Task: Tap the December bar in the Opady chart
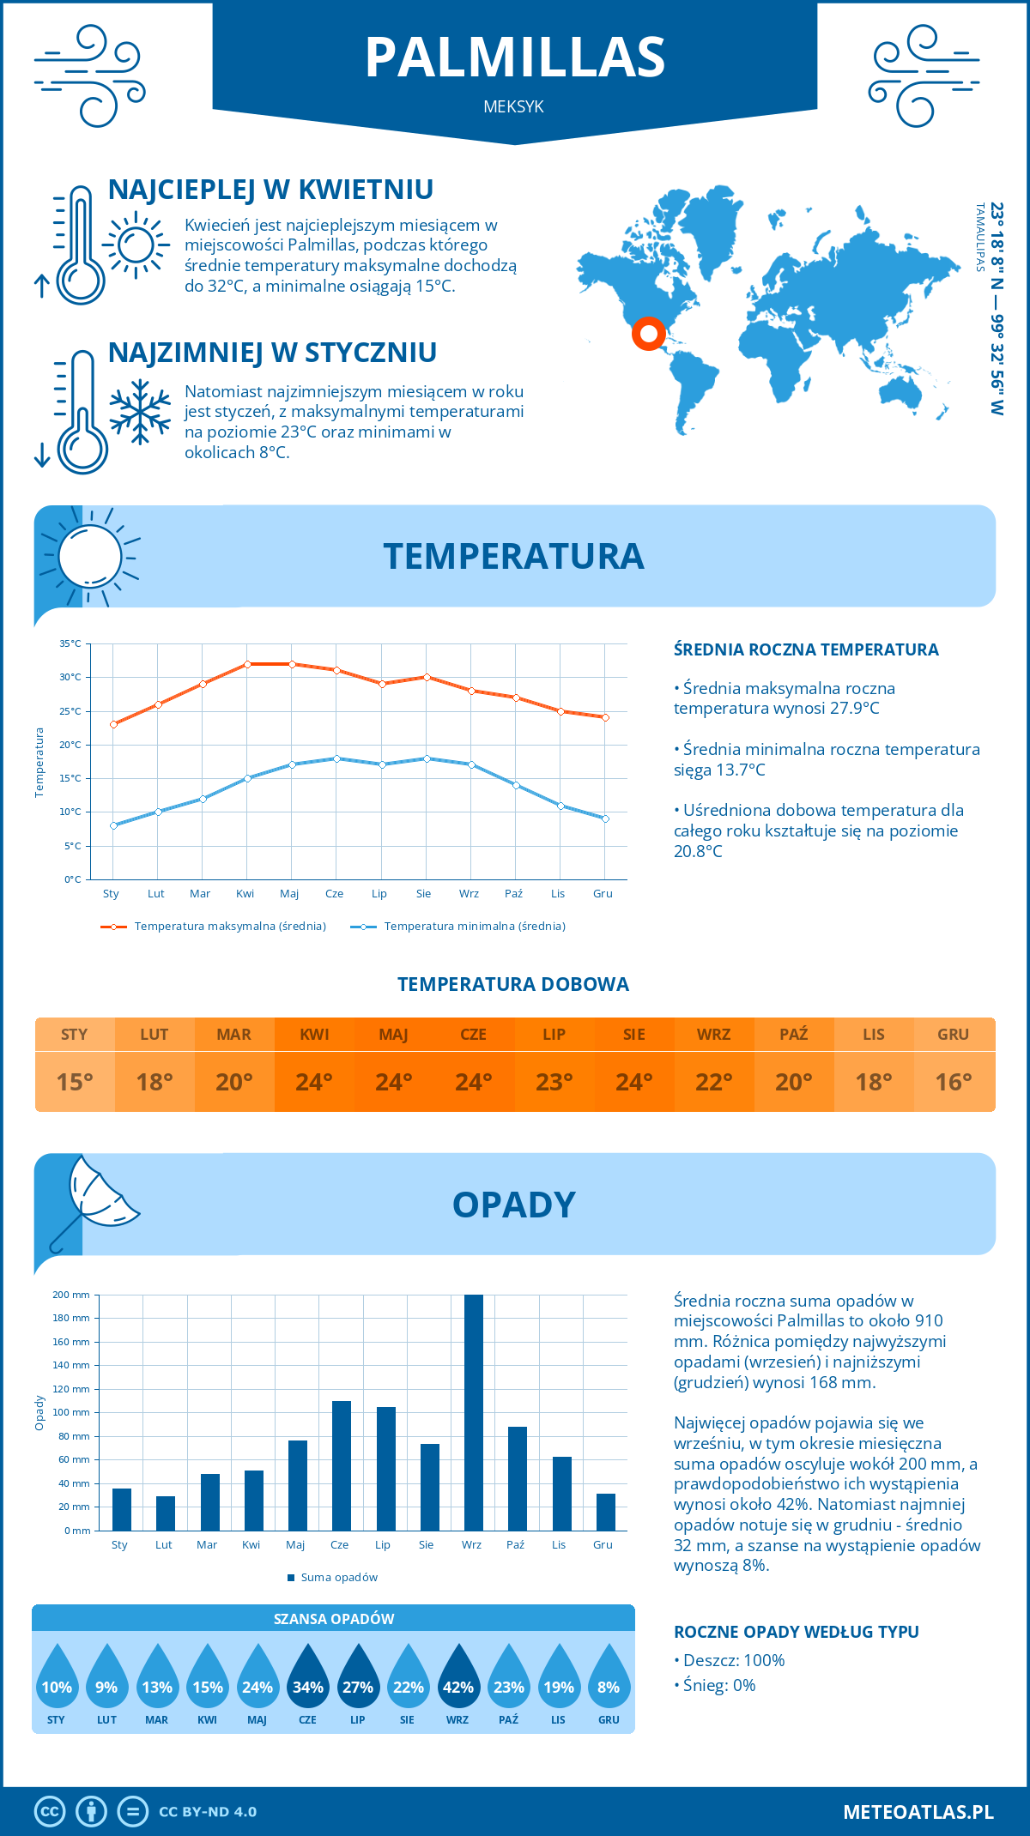pyautogui.click(x=605, y=1512)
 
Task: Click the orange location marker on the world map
pyautogui.click(x=648, y=333)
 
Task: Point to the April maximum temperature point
pyautogui.click(x=247, y=664)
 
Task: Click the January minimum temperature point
pyautogui.click(x=113, y=825)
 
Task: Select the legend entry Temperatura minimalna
pyautogui.click(x=474, y=927)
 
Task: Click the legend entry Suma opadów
pyautogui.click(x=339, y=1577)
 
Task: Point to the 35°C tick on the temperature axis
pyautogui.click(x=70, y=643)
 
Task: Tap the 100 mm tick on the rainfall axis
pyautogui.click(x=72, y=1412)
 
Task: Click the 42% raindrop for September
pyautogui.click(x=457, y=1686)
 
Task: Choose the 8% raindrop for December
pyautogui.click(x=608, y=1686)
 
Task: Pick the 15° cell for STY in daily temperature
pyautogui.click(x=75, y=1082)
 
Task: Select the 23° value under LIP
pyautogui.click(x=554, y=1082)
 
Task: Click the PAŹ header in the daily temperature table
pyautogui.click(x=793, y=1035)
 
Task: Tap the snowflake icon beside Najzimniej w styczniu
pyautogui.click(x=140, y=412)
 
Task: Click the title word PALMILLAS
pyautogui.click(x=515, y=57)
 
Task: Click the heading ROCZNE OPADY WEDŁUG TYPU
pyautogui.click(x=796, y=1632)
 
